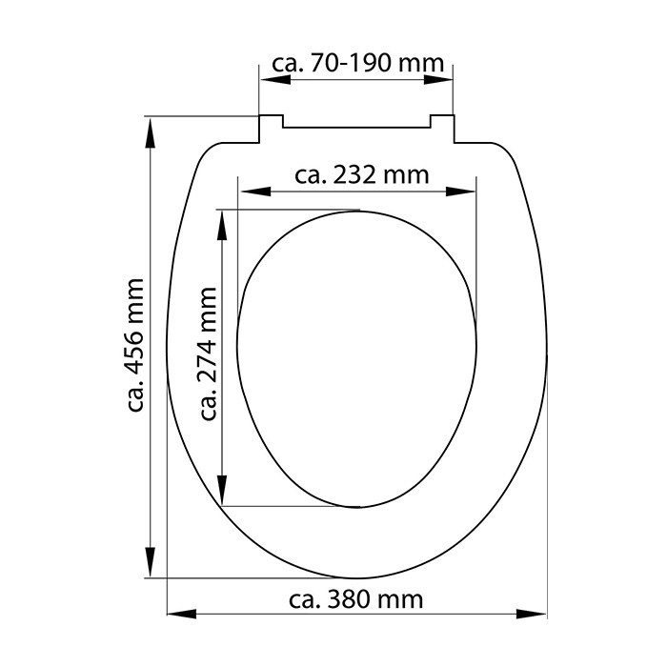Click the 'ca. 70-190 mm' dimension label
357,63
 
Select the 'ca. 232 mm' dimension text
361,174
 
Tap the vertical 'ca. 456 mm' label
136,345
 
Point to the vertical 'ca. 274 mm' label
209,354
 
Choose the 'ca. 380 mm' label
356,599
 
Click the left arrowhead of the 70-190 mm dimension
275,79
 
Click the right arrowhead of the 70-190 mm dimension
438,79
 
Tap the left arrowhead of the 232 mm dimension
255,192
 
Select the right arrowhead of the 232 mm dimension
460,192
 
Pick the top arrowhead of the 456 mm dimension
150,133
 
